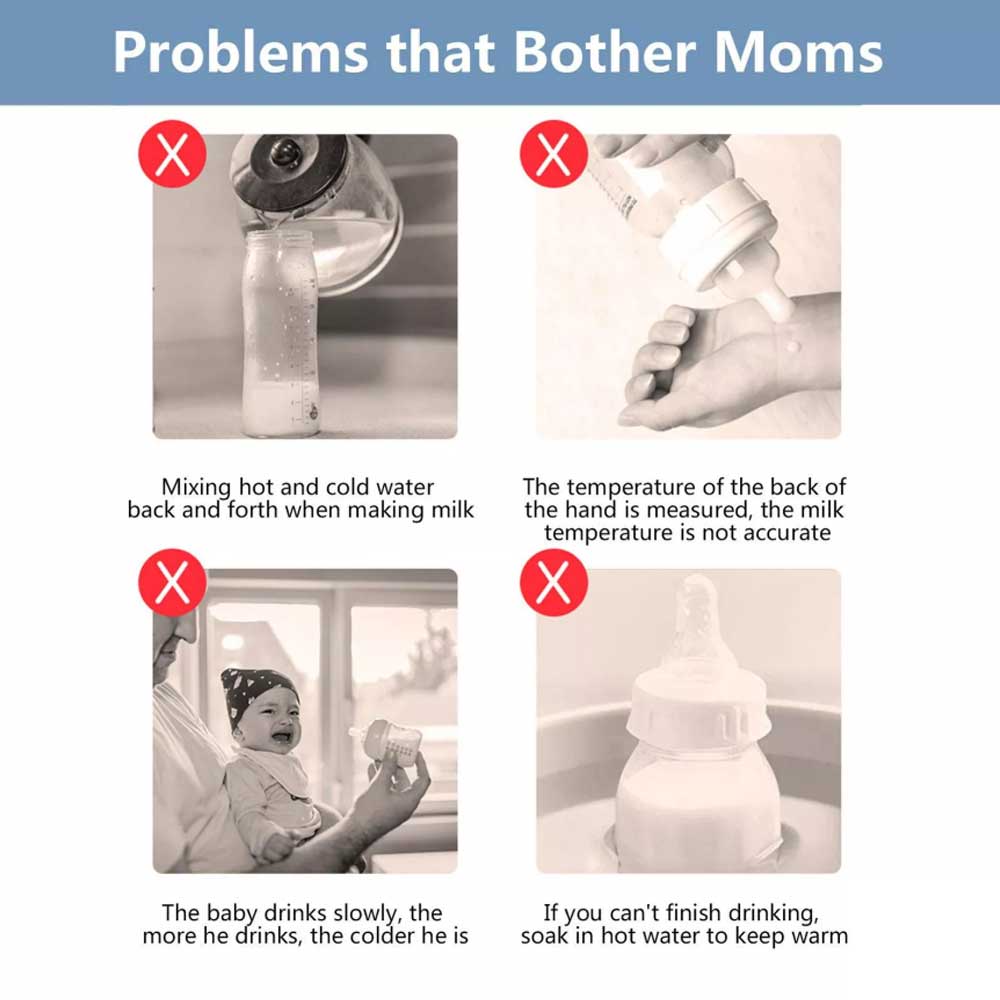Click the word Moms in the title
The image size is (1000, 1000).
click(798, 52)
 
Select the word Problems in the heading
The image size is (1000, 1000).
click(240, 52)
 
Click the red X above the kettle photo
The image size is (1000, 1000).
click(172, 154)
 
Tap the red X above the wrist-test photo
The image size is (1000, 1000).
click(554, 154)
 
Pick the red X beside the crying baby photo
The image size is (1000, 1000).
click(172, 582)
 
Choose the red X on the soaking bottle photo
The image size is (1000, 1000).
click(554, 582)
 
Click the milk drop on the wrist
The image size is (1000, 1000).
click(791, 346)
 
